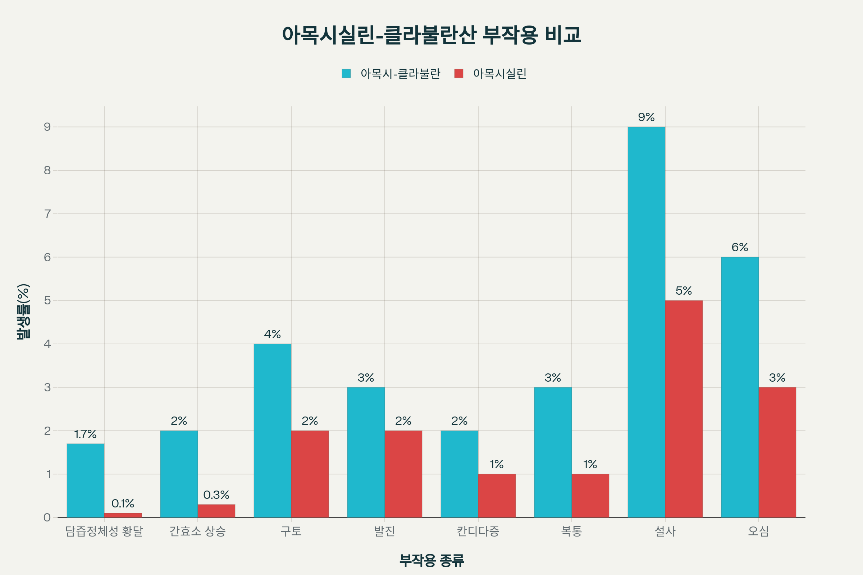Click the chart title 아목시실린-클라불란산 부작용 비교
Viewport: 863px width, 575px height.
click(431, 35)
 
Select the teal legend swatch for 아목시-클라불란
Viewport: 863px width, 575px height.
click(346, 74)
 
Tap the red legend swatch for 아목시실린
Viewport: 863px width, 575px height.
click(459, 74)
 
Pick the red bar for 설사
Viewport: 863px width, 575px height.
click(684, 409)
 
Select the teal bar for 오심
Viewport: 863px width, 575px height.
click(740, 387)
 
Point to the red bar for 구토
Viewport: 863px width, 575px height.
click(310, 474)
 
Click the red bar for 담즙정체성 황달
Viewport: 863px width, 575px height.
click(123, 515)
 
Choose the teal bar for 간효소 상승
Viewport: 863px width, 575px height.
click(179, 474)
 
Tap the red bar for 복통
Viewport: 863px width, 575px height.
click(590, 496)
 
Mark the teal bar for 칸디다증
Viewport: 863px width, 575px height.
click(459, 474)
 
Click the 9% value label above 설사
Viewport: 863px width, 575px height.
click(646, 118)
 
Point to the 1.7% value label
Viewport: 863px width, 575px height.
click(85, 434)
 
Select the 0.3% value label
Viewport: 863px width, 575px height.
click(216, 495)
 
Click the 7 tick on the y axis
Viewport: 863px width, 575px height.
click(47, 214)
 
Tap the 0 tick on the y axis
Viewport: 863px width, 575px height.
click(47, 517)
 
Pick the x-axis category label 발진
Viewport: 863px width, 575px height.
click(384, 531)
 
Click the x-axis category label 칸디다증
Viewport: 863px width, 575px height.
click(478, 531)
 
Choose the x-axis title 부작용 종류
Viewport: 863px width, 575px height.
click(431, 560)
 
